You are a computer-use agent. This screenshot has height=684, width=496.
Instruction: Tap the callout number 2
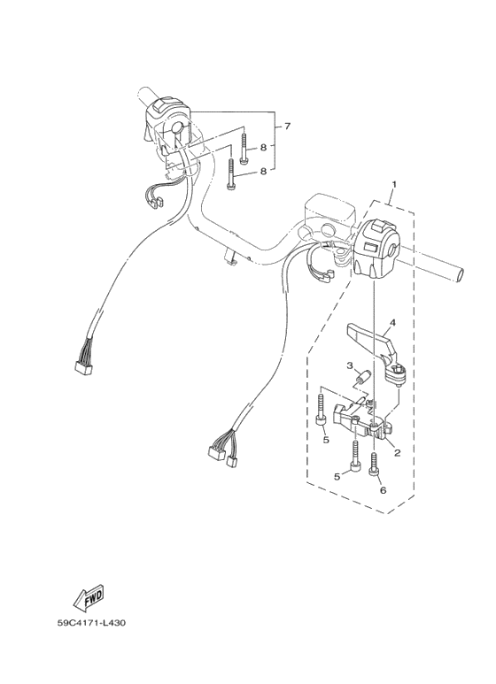pyautogui.click(x=398, y=453)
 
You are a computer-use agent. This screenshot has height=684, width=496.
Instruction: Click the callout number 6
pyautogui.click(x=383, y=489)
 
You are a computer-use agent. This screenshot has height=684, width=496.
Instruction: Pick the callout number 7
pyautogui.click(x=284, y=127)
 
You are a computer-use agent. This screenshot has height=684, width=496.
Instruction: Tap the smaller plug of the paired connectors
pyautogui.click(x=235, y=459)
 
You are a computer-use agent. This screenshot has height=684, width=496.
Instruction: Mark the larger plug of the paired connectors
pyautogui.click(x=215, y=451)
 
